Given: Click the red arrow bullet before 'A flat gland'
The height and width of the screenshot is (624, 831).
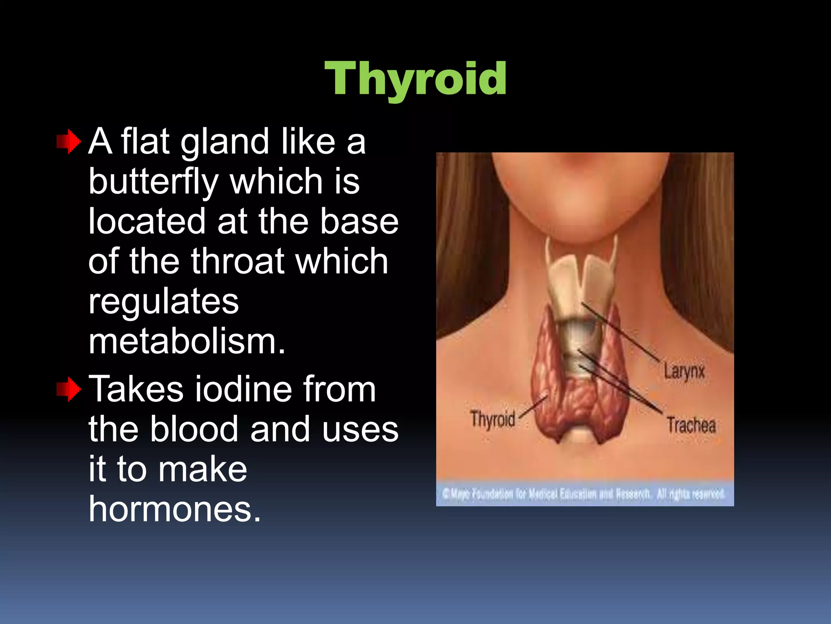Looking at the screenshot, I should point(69,142).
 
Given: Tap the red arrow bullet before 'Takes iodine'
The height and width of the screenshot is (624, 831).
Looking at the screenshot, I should point(69,389).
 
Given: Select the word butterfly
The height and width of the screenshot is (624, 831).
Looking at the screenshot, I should point(154,182).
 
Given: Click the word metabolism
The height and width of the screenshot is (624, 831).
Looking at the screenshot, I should point(187,341).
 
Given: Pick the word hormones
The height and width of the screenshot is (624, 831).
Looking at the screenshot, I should point(174,509).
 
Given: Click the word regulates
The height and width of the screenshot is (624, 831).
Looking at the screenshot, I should point(164,301).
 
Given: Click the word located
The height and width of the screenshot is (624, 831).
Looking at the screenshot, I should point(147,221).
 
